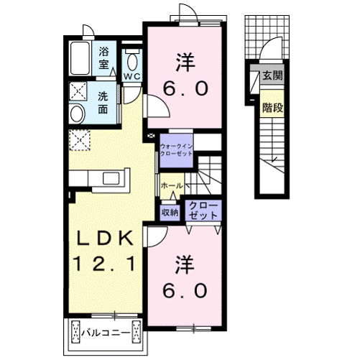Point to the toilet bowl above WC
coord(131,57)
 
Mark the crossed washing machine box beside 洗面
coord(78,91)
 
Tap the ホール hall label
coord(172,185)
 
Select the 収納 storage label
coord(170,212)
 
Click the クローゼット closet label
coord(202,211)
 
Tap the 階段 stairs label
coord(272,108)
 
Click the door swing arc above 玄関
coord(269,49)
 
